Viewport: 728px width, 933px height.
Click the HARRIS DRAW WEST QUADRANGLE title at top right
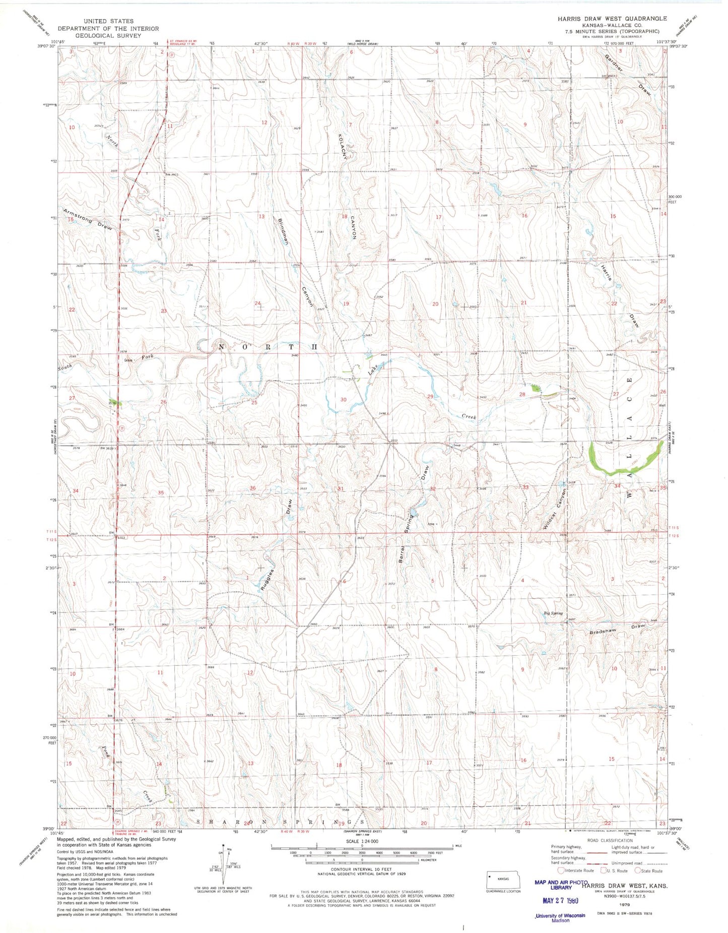(x=612, y=18)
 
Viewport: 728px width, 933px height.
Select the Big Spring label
(x=553, y=613)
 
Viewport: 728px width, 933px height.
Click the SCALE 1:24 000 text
(x=362, y=841)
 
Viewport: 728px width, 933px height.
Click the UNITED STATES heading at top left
(x=108, y=21)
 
